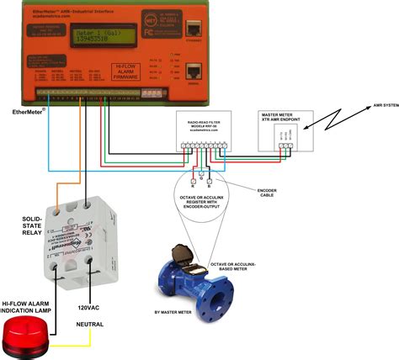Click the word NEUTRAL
click(x=91, y=323)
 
